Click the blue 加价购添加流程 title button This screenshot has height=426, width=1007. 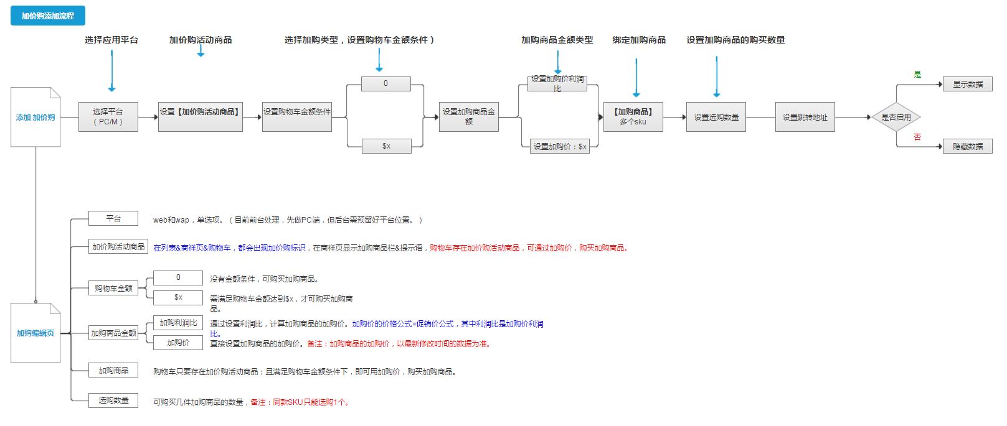pos(47,16)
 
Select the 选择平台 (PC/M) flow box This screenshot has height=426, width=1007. pos(108,117)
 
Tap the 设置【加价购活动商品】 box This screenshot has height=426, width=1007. pos(200,117)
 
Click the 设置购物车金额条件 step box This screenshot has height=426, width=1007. pos(296,117)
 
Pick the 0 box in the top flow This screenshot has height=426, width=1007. pos(385,83)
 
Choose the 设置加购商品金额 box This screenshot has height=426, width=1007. pos(468,117)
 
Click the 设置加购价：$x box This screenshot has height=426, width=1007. pos(559,147)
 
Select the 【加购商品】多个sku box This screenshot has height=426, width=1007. pos(633,117)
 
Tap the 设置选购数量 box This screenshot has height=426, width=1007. pos(716,117)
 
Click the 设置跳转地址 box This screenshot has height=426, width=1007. pos(805,117)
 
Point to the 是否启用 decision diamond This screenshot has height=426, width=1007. pos(896,117)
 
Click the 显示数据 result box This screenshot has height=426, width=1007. pos(967,84)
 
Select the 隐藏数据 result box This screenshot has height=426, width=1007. pos(967,147)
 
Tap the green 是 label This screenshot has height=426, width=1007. pos(917,75)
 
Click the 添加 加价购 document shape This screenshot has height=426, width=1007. pos(35,117)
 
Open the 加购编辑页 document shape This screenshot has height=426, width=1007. pos(35,333)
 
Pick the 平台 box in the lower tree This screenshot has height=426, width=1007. pos(113,218)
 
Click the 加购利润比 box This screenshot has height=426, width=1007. pos(178,323)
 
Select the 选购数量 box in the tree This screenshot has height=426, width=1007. pos(113,401)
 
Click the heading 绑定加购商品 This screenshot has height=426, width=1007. pos(639,40)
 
